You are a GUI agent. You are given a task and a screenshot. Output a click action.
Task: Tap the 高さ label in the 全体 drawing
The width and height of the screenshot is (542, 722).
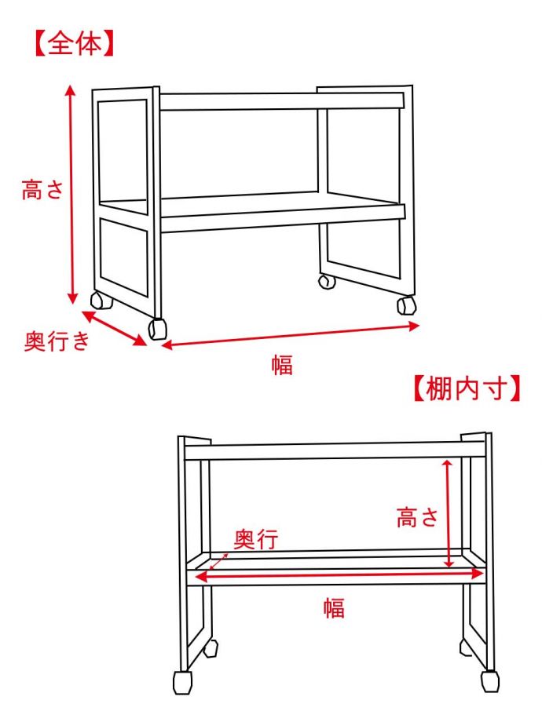[42, 190]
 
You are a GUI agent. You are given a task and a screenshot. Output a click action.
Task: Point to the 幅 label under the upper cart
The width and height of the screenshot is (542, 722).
[282, 364]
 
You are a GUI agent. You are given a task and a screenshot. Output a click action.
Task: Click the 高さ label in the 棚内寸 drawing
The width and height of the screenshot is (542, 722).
[416, 517]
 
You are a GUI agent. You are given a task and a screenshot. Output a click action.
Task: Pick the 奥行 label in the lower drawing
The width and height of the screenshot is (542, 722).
[256, 538]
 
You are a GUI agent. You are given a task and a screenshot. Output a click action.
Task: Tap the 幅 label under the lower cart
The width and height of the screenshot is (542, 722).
[334, 607]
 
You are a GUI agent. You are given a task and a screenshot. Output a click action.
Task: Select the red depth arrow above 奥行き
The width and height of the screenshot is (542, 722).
[114, 327]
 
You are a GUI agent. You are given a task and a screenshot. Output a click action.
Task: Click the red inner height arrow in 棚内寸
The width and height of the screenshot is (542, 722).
[447, 513]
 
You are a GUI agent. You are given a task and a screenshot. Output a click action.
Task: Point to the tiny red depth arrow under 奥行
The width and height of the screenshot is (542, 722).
[219, 562]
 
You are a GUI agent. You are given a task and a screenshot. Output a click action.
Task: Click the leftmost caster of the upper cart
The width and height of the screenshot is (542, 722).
[101, 301]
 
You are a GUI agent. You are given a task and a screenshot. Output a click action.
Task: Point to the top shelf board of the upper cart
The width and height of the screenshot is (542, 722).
[281, 101]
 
